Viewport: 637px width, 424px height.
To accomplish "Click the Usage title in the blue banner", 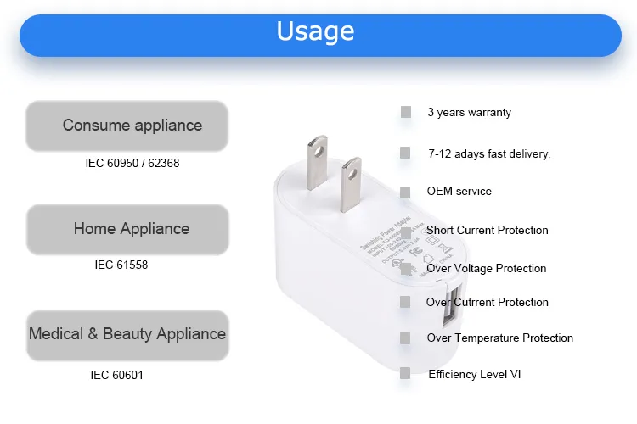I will coord(315,32).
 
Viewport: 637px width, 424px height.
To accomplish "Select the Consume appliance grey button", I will coord(127,126).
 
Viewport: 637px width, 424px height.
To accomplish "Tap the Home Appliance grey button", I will coord(127,229).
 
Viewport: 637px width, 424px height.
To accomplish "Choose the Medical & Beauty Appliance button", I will coord(127,333).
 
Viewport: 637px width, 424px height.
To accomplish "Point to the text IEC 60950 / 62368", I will coord(132,163).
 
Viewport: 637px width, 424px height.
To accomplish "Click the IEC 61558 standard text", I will coord(121,265).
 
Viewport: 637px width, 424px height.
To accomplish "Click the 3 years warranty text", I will coord(469,112).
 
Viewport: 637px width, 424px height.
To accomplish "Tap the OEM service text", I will coord(459,192).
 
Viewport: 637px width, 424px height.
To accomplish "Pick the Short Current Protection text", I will coord(487,230).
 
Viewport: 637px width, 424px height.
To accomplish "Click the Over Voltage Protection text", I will coord(486,268).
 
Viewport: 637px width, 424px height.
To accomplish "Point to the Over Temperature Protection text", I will coord(499,338).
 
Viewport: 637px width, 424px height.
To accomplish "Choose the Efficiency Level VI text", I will coord(476,374).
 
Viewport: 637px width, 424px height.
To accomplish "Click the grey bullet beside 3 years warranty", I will coord(406,112).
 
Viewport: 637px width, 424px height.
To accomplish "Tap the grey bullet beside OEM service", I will coord(406,192).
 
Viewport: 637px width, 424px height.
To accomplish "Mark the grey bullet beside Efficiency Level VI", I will coord(406,373).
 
